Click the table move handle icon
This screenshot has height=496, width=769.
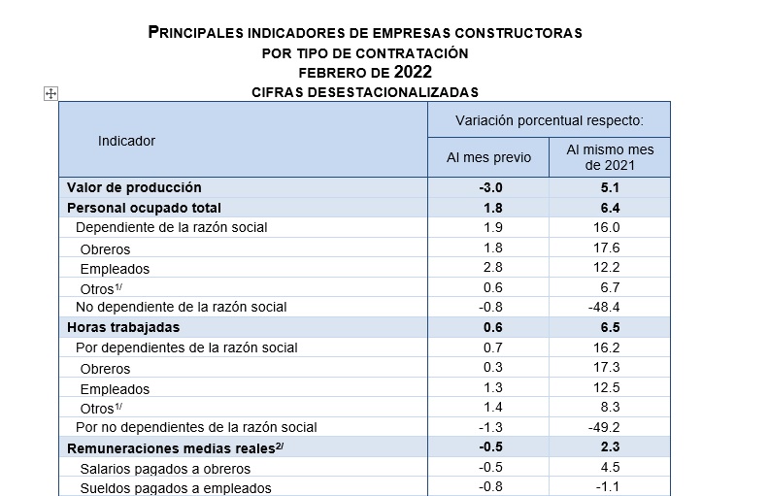click(x=51, y=93)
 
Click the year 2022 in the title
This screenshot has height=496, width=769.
click(x=413, y=72)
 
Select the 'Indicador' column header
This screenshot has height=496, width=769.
click(x=126, y=141)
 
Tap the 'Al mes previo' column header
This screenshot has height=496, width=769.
click(x=488, y=157)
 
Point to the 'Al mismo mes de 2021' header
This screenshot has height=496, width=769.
click(x=610, y=157)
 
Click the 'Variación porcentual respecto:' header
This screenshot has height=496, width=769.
click(x=550, y=120)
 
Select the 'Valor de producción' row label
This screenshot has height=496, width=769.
click(x=134, y=187)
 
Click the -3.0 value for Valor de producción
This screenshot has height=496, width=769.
click(x=490, y=187)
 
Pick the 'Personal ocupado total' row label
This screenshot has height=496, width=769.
click(x=144, y=208)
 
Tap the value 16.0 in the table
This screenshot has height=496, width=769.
click(x=607, y=227)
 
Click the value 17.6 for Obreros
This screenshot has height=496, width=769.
click(x=607, y=248)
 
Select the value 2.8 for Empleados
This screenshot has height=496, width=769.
click(x=493, y=267)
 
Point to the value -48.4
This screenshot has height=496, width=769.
click(x=604, y=307)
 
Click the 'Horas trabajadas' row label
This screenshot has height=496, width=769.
click(x=123, y=327)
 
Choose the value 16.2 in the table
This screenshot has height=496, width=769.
click(x=607, y=347)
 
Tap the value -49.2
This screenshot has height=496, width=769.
click(x=604, y=427)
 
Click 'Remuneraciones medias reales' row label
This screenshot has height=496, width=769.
click(x=175, y=448)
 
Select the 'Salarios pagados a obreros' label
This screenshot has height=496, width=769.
click(x=165, y=469)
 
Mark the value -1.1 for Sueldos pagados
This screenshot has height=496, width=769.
click(x=608, y=486)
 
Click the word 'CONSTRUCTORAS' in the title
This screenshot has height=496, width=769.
click(x=518, y=33)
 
